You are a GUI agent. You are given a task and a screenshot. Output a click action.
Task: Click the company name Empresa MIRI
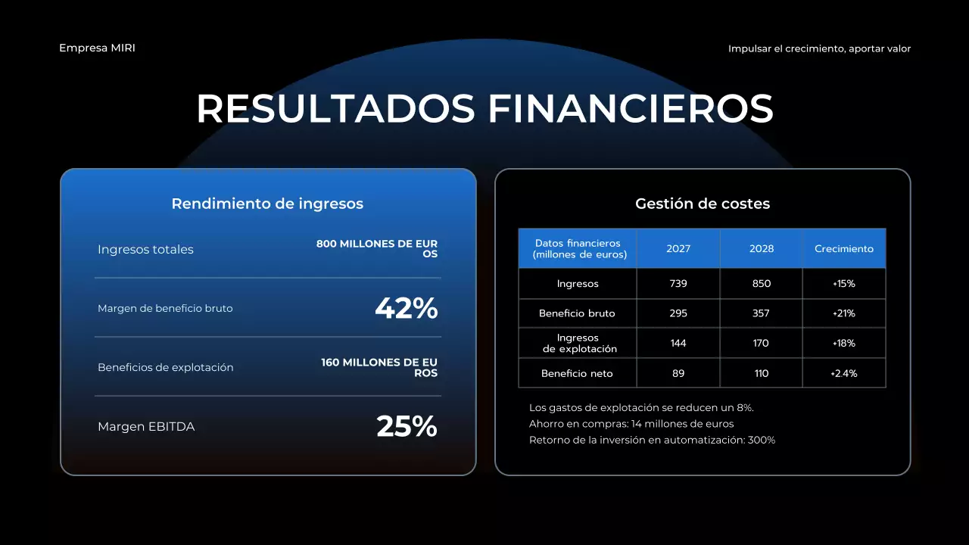pyautogui.click(x=97, y=48)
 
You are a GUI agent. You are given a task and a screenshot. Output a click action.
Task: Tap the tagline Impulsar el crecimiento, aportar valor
pyautogui.click(x=819, y=48)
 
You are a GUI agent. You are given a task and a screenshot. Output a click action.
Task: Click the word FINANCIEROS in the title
pyautogui.click(x=631, y=109)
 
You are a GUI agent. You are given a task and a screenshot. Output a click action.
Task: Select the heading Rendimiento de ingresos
pyautogui.click(x=267, y=204)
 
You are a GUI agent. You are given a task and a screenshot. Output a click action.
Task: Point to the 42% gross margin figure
pyautogui.click(x=407, y=309)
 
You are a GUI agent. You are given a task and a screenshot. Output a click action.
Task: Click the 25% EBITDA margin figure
pyautogui.click(x=407, y=427)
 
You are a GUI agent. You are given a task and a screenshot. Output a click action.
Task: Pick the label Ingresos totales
pyautogui.click(x=145, y=250)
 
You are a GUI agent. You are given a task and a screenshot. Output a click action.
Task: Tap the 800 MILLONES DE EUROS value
pyautogui.click(x=377, y=249)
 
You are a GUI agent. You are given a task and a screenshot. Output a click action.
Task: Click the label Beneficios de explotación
pyautogui.click(x=165, y=368)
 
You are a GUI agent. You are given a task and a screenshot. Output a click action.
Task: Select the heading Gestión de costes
pyautogui.click(x=703, y=204)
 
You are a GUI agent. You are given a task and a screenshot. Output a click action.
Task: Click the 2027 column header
pyautogui.click(x=678, y=249)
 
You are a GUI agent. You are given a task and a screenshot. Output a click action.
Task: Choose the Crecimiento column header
pyautogui.click(x=844, y=249)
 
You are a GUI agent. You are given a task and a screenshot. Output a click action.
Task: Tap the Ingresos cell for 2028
pyautogui.click(x=762, y=284)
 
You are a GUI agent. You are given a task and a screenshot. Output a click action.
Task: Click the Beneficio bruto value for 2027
pyautogui.click(x=678, y=313)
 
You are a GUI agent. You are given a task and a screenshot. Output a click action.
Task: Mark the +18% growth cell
pyautogui.click(x=844, y=344)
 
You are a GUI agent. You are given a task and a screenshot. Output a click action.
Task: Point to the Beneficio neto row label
pyautogui.click(x=577, y=374)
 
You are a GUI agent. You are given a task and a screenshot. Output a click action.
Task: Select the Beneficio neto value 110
pyautogui.click(x=762, y=374)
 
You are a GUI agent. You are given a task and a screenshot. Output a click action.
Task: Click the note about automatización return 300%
pyautogui.click(x=652, y=440)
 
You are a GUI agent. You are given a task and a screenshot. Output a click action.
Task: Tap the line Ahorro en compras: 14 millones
pyautogui.click(x=631, y=424)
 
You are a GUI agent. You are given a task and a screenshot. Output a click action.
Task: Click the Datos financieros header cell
pyautogui.click(x=578, y=249)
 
